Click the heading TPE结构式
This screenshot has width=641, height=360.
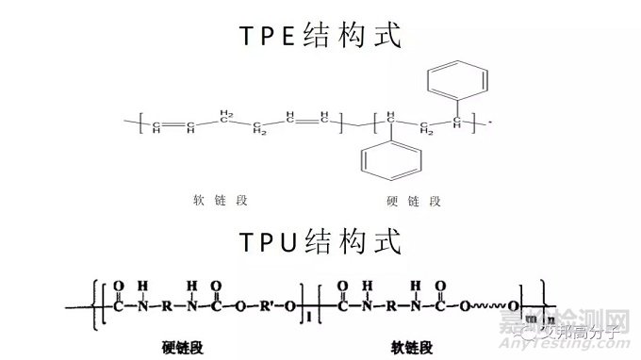[320, 36]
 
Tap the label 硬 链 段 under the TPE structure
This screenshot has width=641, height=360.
[415, 200]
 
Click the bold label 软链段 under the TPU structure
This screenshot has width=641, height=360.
[411, 346]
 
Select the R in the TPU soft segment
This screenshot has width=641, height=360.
[391, 305]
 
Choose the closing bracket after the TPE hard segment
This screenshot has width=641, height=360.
[479, 123]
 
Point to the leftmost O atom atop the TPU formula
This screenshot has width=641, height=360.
[118, 284]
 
